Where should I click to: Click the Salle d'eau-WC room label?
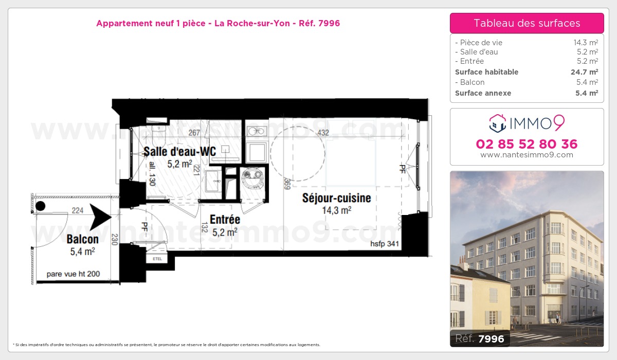[179, 151]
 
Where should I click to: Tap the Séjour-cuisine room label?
[336, 198]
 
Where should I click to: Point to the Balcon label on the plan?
[82, 239]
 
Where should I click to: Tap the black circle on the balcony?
[40, 206]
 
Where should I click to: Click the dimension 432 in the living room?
[323, 133]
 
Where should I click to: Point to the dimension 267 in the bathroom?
[194, 133]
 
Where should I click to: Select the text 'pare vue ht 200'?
[73, 274]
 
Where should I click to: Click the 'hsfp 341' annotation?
[385, 244]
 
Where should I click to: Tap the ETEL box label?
[157, 259]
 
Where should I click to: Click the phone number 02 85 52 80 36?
[527, 144]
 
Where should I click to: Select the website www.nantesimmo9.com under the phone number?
[527, 155]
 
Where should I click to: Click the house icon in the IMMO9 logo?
[498, 122]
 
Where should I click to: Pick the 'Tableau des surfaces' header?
[527, 23]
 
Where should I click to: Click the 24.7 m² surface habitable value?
[584, 72]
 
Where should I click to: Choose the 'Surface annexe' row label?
[483, 93]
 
